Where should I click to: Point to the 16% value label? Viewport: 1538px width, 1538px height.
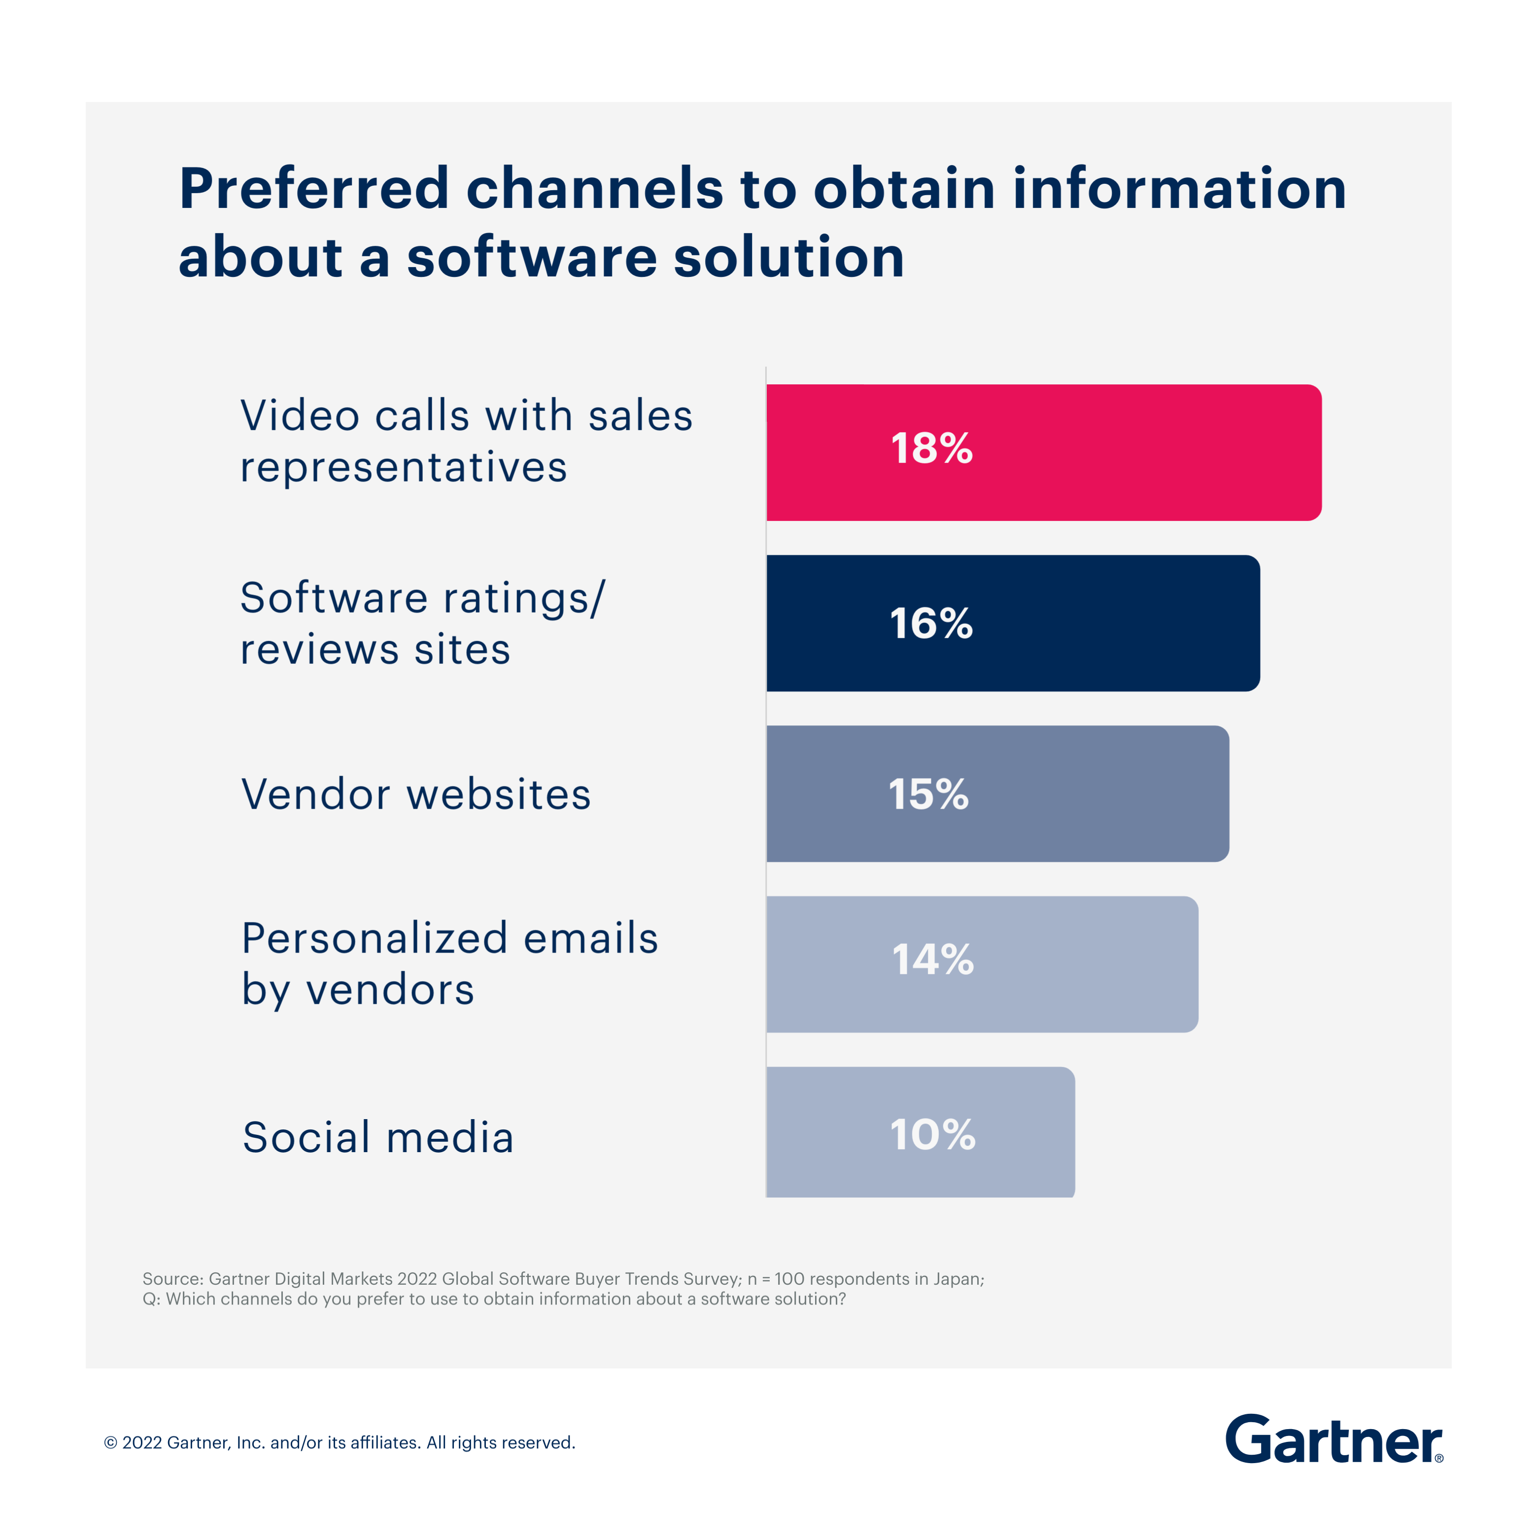(x=930, y=623)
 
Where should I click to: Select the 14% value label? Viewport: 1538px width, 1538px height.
(x=932, y=959)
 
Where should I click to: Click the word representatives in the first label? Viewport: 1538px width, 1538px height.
(x=404, y=467)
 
